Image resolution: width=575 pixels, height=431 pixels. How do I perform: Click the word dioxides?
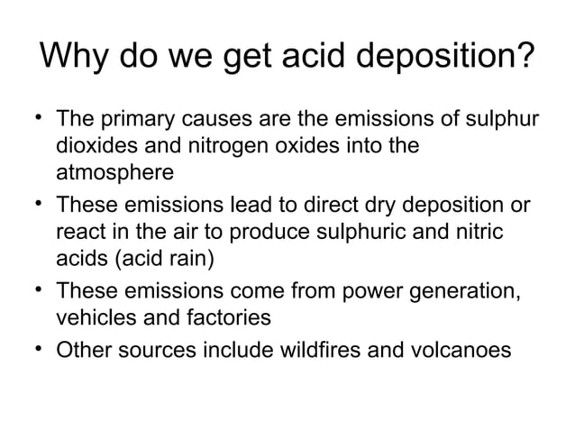[x=94, y=145]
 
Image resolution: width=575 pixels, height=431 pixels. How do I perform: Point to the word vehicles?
[x=94, y=319]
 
